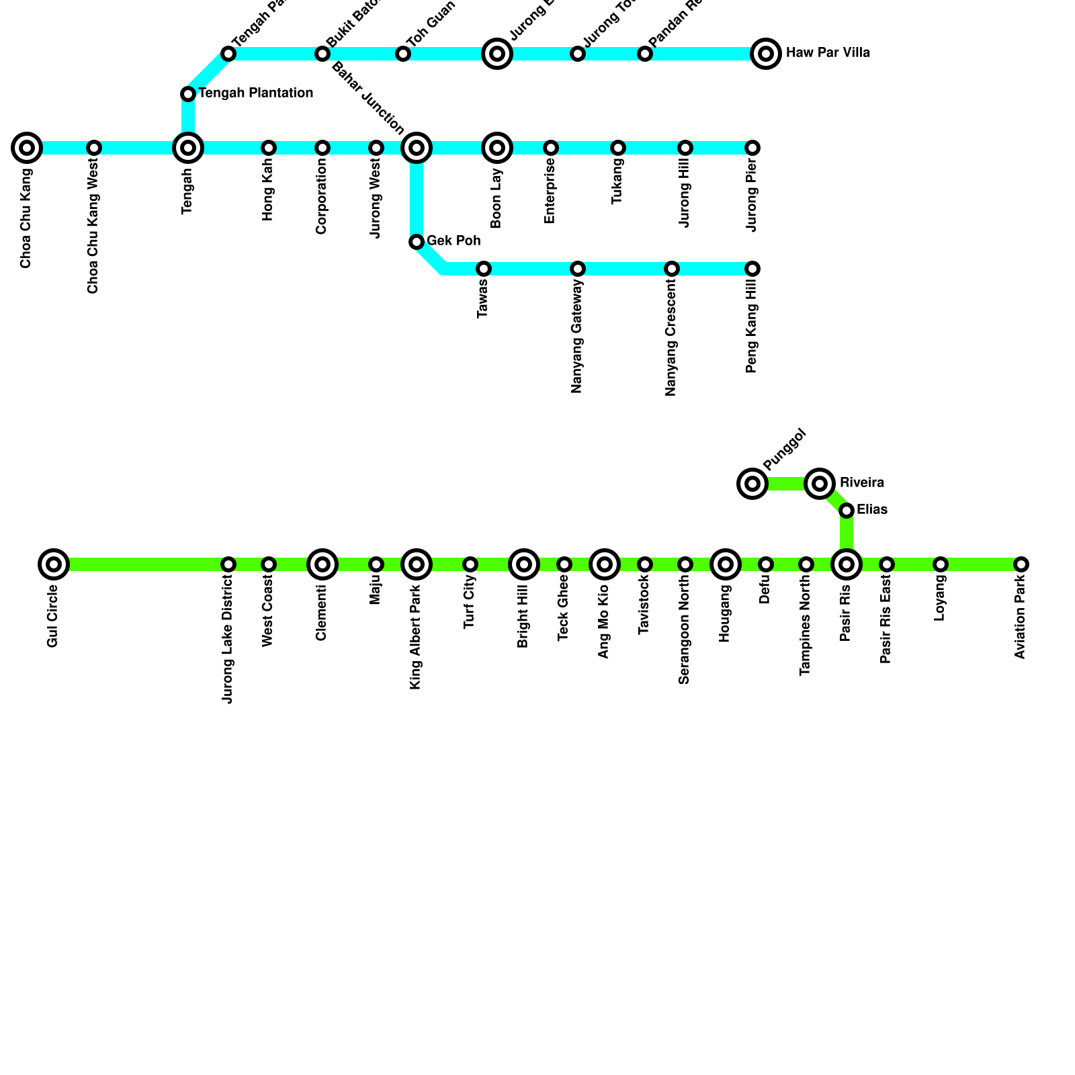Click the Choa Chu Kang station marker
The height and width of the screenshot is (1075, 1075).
(x=27, y=148)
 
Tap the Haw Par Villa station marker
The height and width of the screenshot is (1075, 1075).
(x=766, y=54)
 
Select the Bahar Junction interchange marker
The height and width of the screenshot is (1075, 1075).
(x=417, y=148)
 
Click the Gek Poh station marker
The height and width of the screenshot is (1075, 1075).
(x=417, y=242)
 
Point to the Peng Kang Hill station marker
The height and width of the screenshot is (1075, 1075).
(x=752, y=269)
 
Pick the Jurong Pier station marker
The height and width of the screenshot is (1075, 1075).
(x=752, y=148)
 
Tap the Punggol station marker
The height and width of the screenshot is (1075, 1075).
(x=752, y=484)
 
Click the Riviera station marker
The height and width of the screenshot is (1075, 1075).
(x=820, y=484)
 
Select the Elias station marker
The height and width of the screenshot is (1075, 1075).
(x=847, y=511)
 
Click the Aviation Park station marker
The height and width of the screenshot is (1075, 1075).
(x=1021, y=564)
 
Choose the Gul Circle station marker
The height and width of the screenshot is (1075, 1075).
(x=54, y=564)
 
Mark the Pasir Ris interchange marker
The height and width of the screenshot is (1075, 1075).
(x=847, y=564)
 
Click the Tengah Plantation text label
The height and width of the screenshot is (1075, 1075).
(x=256, y=93)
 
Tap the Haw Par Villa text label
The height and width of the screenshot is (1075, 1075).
(x=828, y=53)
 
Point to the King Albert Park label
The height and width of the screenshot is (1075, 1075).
(x=416, y=637)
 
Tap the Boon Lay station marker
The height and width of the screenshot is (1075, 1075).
(x=497, y=148)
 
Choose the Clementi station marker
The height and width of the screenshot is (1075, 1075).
(x=322, y=564)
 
